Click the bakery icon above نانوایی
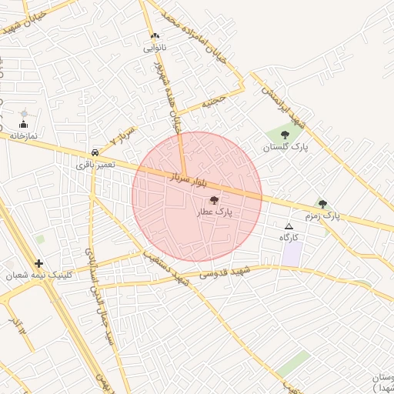coord(155,36)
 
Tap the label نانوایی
coord(155,48)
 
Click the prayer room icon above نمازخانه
coord(23,125)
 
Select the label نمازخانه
coord(25,135)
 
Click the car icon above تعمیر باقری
coord(95,152)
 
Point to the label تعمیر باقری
coord(95,164)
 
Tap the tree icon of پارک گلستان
coord(285,135)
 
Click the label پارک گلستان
coord(285,146)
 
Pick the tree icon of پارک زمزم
coord(322,204)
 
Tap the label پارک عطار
coord(214,211)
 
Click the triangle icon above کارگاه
coord(289,226)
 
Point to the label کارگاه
coord(289,238)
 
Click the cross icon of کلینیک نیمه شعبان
coord(38,263)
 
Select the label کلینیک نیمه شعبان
coord(32,275)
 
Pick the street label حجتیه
coord(214,101)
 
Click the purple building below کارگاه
coord(291,255)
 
